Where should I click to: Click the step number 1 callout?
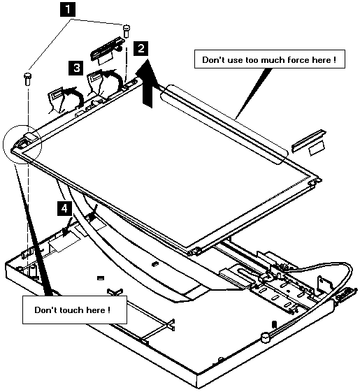[68, 9]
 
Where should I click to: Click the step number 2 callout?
[141, 48]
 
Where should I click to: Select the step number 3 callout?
[76, 68]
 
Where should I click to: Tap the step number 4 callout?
[64, 208]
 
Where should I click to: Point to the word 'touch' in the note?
[71, 310]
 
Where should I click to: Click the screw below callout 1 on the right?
[127, 31]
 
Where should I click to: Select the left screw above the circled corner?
[27, 78]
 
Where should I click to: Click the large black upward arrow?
[147, 83]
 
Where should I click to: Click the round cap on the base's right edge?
[266, 337]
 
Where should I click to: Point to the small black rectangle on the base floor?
[101, 277]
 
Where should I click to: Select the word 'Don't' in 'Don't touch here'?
[45, 310]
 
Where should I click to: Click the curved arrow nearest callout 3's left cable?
[75, 96]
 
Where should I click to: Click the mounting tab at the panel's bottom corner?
[195, 251]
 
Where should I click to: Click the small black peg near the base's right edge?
[274, 324]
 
